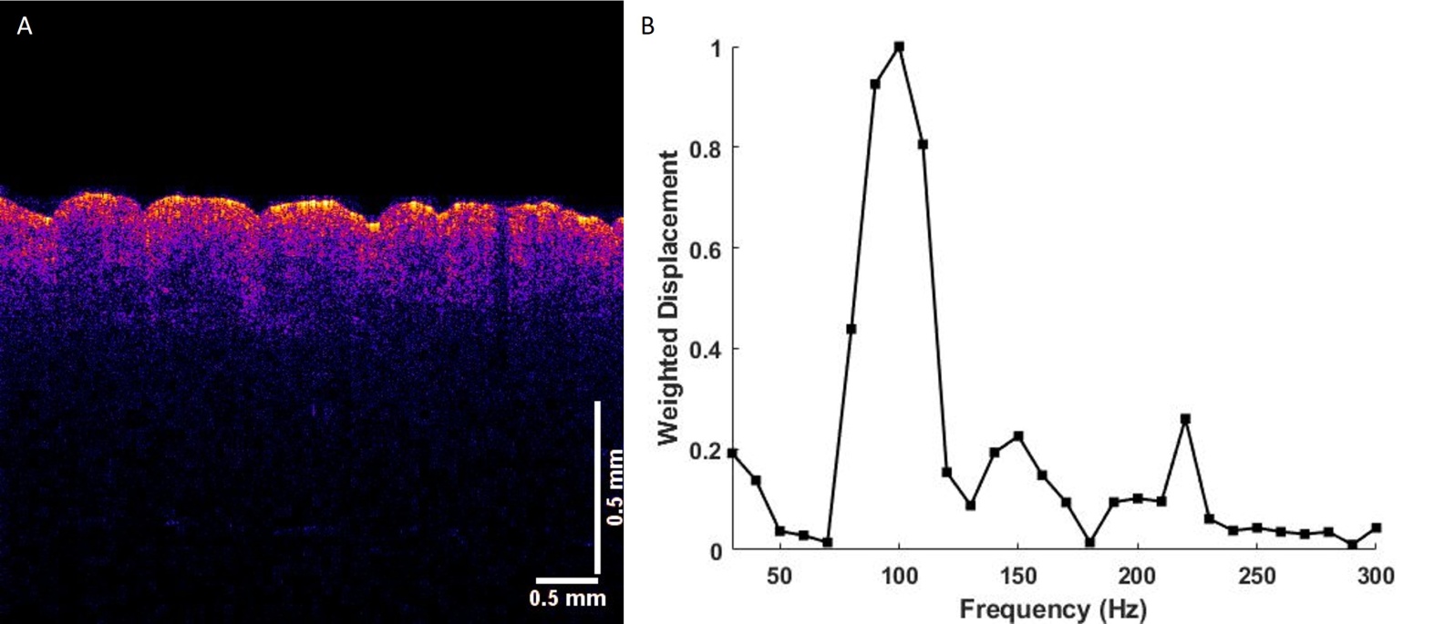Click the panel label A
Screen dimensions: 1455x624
coord(25,26)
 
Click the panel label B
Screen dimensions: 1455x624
coord(647,26)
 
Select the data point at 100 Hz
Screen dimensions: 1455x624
coord(899,46)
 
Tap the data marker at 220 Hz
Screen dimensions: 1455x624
coord(1185,419)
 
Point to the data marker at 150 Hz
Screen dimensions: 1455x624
coord(1018,435)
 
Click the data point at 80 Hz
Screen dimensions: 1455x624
coord(851,329)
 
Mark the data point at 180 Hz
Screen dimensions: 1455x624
coord(1090,542)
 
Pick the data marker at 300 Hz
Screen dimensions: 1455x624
coord(1376,528)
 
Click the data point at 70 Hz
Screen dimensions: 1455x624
coord(828,542)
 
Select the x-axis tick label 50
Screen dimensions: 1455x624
coord(779,576)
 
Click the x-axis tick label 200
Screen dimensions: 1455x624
coord(1138,576)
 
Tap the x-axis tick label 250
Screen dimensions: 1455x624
coord(1257,576)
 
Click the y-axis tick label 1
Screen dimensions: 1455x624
coord(716,48)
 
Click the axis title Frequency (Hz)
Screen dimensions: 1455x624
coord(1054,609)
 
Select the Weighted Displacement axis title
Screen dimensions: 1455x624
coord(667,298)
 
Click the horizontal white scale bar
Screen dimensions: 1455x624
coord(566,580)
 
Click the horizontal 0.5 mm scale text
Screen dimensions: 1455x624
coord(567,598)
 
